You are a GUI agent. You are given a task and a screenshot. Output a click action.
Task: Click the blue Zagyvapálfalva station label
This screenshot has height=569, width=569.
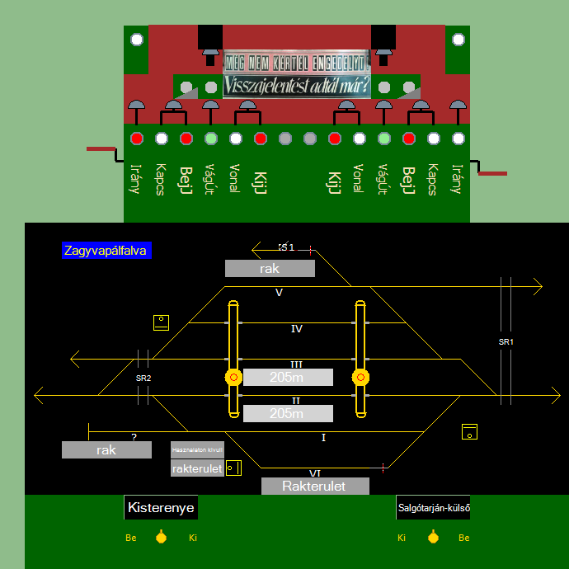tap(107, 251)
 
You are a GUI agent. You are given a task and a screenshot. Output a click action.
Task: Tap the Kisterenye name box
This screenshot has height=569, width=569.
tap(161, 508)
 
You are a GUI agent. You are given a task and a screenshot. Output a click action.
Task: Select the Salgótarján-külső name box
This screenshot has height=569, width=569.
tap(433, 508)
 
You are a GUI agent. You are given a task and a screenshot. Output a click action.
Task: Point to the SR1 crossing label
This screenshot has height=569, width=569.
tap(506, 341)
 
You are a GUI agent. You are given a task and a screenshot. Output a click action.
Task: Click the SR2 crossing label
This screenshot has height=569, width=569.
tap(143, 378)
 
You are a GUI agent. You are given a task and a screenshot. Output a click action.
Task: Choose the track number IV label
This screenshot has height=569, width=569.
tap(297, 329)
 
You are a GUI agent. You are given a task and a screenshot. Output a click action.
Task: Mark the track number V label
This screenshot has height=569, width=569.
tap(279, 293)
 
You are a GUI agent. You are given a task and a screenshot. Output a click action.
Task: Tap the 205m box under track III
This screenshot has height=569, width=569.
tap(288, 378)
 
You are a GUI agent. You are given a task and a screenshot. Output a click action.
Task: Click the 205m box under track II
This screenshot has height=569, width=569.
tap(288, 414)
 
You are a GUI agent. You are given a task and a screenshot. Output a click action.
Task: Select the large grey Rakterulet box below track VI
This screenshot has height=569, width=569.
tap(314, 486)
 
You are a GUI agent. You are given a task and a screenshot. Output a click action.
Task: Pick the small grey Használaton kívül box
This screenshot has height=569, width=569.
tap(197, 450)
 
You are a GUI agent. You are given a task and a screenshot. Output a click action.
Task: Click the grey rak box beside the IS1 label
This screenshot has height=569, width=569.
tap(270, 269)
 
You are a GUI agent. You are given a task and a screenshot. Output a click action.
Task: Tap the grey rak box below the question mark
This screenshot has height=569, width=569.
tap(106, 450)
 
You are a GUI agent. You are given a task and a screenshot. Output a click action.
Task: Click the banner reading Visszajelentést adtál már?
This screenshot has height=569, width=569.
tap(296, 86)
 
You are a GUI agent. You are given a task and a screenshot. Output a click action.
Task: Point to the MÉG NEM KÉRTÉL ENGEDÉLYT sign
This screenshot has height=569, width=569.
tap(296, 62)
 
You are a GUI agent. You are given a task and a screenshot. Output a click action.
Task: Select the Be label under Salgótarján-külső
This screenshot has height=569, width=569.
tap(464, 538)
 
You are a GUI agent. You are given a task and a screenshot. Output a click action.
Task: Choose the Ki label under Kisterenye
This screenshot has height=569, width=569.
tap(193, 538)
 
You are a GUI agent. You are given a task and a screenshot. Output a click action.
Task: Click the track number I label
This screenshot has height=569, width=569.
tap(323, 437)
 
